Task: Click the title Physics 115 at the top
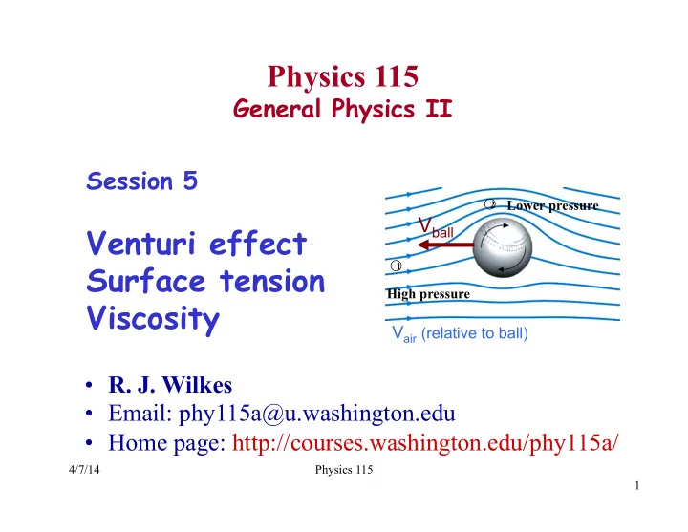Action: coord(343,76)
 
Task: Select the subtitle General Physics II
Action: coord(343,108)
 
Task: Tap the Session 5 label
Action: coord(142,181)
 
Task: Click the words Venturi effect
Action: coord(197,243)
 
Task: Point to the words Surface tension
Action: coord(205,281)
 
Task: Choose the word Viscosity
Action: coord(153,319)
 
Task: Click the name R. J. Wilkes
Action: coord(170,385)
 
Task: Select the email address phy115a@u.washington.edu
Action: coord(317,414)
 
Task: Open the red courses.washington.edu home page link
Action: coord(425,442)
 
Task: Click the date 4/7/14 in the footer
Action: coord(84,470)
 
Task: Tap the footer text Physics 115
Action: coord(344,470)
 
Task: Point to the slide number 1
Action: coord(637,485)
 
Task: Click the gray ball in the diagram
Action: coord(503,248)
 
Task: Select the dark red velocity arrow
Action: coord(445,245)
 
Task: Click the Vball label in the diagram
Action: coord(436,227)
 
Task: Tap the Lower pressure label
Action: coord(552,205)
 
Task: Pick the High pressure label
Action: coord(428,294)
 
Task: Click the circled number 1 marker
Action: coord(396,266)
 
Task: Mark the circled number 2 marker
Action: coord(490,204)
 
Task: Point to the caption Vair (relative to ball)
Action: coord(460,333)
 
